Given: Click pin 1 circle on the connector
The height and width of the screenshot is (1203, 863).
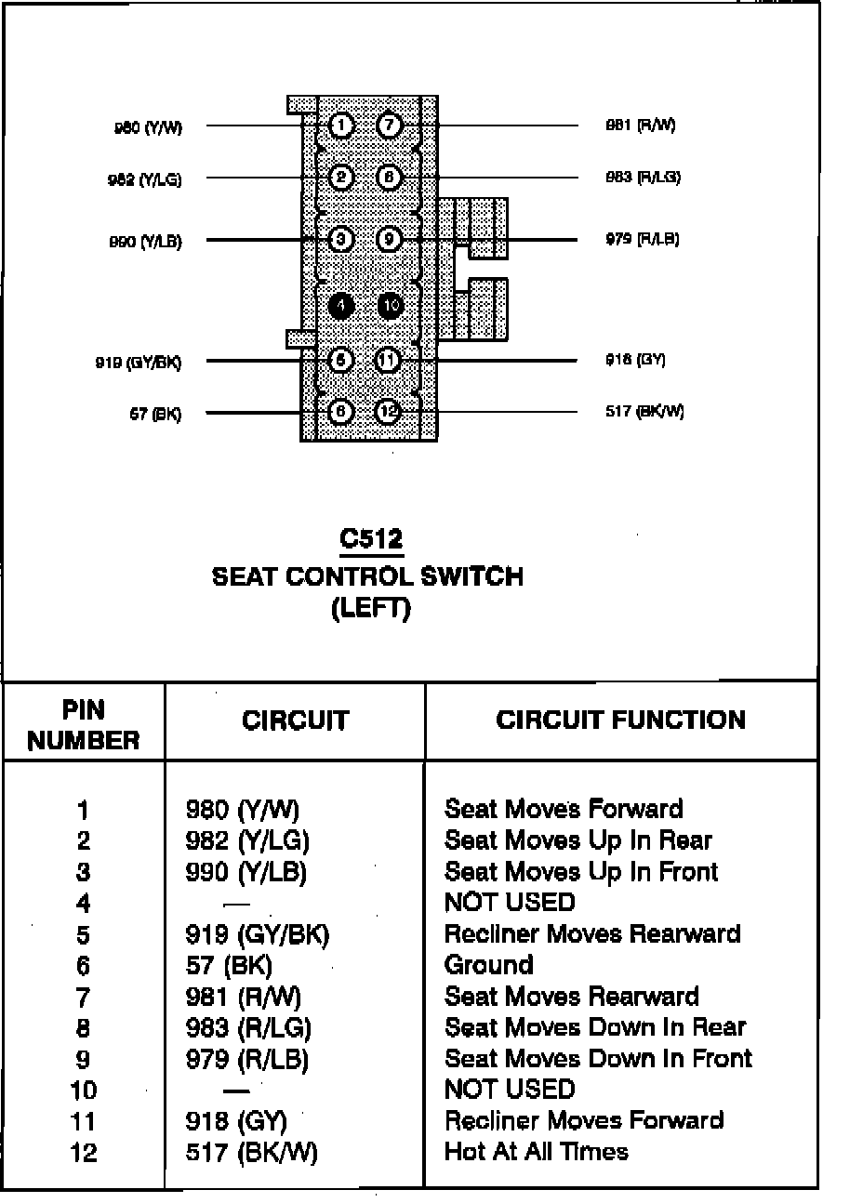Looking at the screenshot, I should (x=341, y=126).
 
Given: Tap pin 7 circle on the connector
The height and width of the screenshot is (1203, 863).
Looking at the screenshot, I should (x=389, y=126).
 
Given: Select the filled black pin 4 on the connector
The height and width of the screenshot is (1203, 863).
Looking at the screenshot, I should (x=341, y=305).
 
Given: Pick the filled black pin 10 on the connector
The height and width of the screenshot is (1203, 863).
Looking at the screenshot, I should (x=391, y=305).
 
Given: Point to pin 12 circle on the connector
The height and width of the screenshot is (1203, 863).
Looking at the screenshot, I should (x=389, y=412).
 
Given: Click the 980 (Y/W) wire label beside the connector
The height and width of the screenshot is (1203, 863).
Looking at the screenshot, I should (x=148, y=128).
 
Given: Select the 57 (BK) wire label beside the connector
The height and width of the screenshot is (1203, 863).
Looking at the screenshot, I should (x=155, y=415).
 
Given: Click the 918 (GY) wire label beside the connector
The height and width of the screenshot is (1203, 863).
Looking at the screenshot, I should (x=635, y=360).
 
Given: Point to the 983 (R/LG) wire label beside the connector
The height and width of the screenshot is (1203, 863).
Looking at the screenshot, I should (x=644, y=178).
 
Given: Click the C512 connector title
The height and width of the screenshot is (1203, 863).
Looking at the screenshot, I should (x=371, y=539).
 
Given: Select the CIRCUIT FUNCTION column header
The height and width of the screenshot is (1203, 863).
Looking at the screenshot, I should (x=620, y=720).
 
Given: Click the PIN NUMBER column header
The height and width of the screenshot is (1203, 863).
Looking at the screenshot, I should (x=84, y=725).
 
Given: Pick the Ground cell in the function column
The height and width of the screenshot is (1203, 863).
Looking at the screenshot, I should (x=489, y=965).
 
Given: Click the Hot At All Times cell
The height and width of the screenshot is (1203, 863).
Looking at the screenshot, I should (x=537, y=1152).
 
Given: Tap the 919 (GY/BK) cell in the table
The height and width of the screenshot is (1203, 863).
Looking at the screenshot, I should (x=258, y=933).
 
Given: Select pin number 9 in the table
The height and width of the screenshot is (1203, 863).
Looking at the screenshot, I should (x=84, y=1059).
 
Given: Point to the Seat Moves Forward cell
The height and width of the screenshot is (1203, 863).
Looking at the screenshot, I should (x=564, y=809).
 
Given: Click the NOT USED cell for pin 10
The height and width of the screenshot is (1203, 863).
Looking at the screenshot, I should (x=510, y=1090).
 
